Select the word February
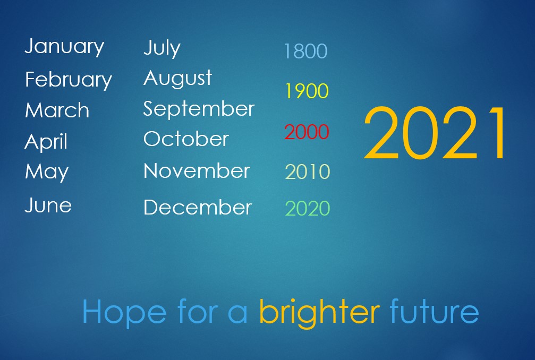(x=68, y=80)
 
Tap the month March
(x=57, y=110)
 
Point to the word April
(x=46, y=141)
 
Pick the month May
(x=47, y=172)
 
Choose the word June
(x=48, y=205)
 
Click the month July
(x=162, y=48)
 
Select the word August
(x=178, y=79)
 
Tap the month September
(x=199, y=109)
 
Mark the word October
(x=186, y=139)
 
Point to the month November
(x=197, y=170)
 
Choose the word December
(x=198, y=207)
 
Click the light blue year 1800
(x=305, y=51)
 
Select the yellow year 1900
(x=307, y=91)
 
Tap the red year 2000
(x=307, y=132)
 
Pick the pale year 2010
(x=308, y=172)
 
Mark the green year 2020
(x=308, y=208)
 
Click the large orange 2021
(x=435, y=133)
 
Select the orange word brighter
(x=319, y=312)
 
